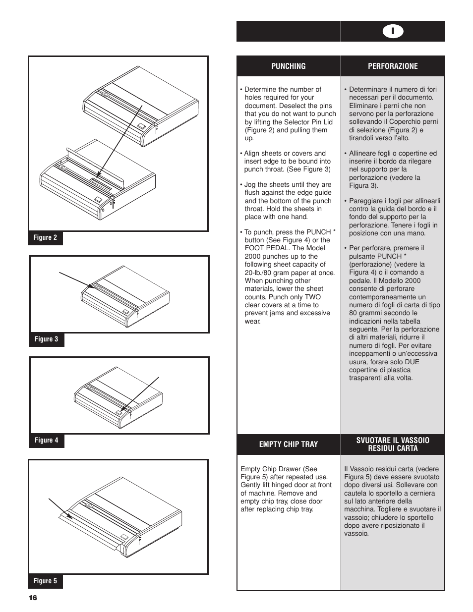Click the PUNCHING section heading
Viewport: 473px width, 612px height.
(288, 66)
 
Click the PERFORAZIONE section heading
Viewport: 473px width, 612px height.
(393, 66)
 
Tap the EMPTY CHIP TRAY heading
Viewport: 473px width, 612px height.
(288, 445)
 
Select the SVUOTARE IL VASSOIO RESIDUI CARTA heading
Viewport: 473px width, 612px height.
(393, 444)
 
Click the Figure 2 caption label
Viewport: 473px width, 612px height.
(45, 238)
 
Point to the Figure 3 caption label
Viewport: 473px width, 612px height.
(46, 339)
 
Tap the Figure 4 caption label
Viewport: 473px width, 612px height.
(46, 441)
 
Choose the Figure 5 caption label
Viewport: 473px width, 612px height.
(45, 581)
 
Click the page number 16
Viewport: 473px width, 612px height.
(33, 598)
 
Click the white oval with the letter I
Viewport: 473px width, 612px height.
(393, 31)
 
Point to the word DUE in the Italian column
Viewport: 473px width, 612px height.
(412, 362)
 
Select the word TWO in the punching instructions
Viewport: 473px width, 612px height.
(313, 297)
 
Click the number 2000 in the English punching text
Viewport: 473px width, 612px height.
(253, 257)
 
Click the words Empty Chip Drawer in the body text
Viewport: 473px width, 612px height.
(271, 469)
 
